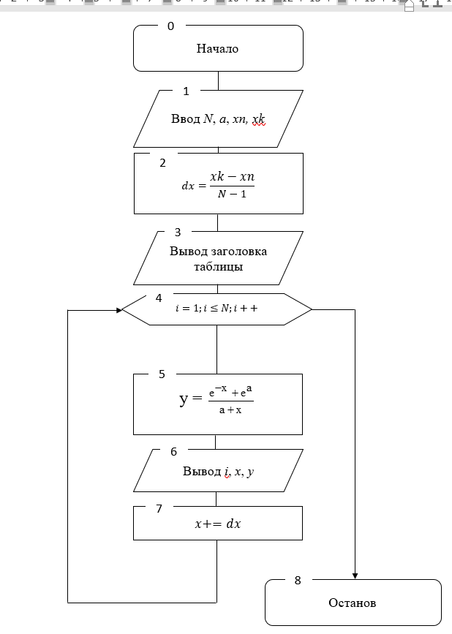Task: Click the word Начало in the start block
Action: point(217,49)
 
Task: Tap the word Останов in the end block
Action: point(352,603)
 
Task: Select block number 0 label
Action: point(171,26)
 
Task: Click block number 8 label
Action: point(298,581)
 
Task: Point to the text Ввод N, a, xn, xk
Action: point(218,118)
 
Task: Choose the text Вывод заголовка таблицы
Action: point(218,259)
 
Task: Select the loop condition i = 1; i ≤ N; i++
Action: point(216,309)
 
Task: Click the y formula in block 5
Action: point(216,401)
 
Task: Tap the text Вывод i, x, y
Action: point(218,472)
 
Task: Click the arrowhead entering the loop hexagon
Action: point(118,310)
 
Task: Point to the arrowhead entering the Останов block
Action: point(355,575)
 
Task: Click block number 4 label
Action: point(159,298)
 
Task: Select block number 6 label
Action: point(173,452)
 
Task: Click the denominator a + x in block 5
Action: point(230,410)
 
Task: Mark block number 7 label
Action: point(159,509)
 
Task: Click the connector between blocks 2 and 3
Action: point(217,222)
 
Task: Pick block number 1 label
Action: point(186,91)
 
